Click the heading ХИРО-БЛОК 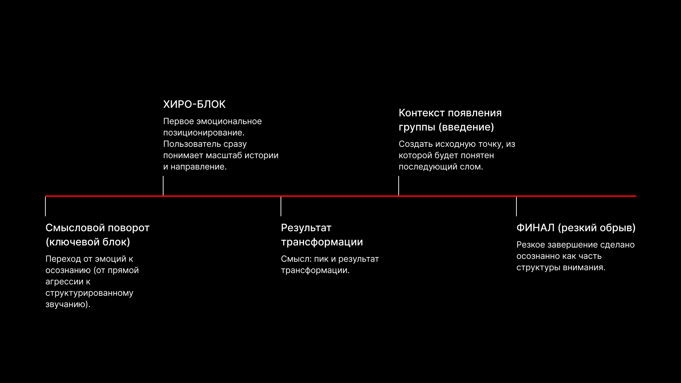(194, 104)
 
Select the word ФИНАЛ (536, 228)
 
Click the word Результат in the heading (306, 228)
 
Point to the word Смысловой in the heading (75, 228)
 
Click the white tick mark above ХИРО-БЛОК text (163, 185)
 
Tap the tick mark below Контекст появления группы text (399, 185)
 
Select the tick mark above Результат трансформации (281, 206)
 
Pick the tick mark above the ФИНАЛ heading (516, 206)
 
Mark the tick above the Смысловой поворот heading (45, 206)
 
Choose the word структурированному (89, 293)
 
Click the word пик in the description (321, 259)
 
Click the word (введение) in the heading (466, 127)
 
